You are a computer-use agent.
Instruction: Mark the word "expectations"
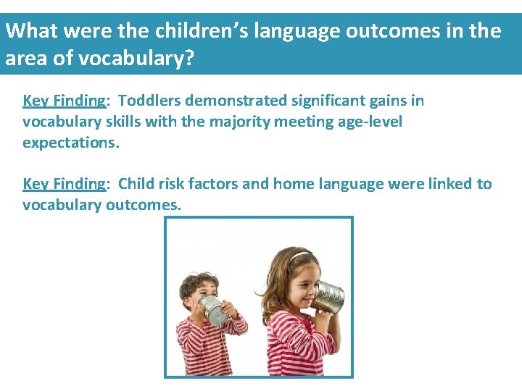(70, 143)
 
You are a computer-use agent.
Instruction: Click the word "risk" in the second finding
(169, 184)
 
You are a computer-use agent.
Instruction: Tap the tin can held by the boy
(214, 310)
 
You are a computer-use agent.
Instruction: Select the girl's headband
(300, 256)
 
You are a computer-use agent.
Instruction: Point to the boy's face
(196, 294)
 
